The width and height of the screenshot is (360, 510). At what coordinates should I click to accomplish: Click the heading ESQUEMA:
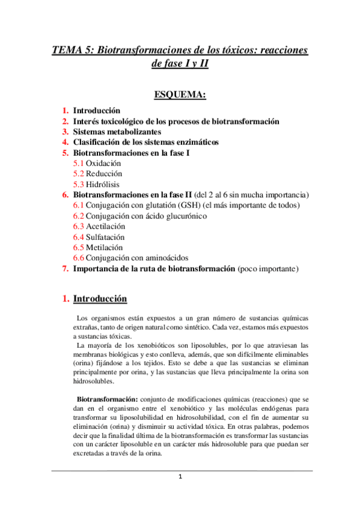coord(180,94)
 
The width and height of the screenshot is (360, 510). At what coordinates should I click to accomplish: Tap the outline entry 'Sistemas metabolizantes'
coord(117,132)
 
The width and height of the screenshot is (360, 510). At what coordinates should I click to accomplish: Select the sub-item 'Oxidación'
coord(103,163)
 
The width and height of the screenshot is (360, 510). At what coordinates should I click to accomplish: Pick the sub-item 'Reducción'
coord(104,174)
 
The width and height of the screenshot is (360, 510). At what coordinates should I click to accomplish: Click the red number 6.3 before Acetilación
coord(79,226)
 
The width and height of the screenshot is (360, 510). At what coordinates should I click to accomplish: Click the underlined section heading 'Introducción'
coord(100,298)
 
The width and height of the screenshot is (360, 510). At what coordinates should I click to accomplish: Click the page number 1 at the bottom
coord(180,477)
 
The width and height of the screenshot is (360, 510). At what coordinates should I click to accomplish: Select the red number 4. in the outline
coord(66,142)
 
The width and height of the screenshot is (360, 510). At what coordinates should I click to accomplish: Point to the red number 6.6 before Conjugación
coord(79,258)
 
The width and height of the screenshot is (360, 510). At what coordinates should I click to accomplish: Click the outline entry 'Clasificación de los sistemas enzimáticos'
coord(146,142)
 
